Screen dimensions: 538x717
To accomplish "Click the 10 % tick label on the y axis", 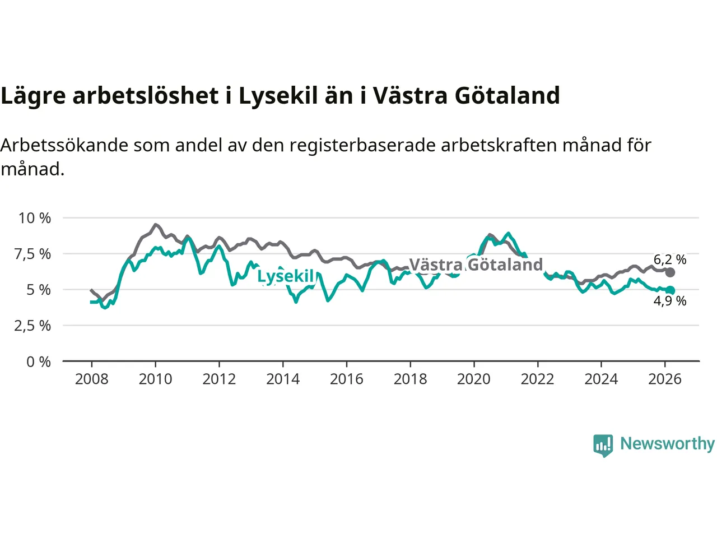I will coord(35,218).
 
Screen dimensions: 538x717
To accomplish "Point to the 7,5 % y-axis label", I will coord(32,254).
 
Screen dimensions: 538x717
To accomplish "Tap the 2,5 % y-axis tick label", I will coord(32,326).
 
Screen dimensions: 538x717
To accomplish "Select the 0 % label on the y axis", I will coord(39,362).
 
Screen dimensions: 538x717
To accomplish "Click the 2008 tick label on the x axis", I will coord(91,379).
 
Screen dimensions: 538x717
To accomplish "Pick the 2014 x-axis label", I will coord(283,379).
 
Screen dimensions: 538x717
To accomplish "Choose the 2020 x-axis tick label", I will coord(474,379).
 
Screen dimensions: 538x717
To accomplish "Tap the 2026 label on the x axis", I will coord(665,379).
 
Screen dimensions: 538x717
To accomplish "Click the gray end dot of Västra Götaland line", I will coord(670,272).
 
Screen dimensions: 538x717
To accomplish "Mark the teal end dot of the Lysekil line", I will coord(670,290).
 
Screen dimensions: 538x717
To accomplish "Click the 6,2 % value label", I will coord(670,259).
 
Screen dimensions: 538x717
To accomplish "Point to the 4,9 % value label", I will coord(670,301).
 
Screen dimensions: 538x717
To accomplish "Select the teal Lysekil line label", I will coord(286,276).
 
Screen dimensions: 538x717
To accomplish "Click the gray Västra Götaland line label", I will coord(476,265).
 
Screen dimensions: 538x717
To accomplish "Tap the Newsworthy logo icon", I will coord(603,446).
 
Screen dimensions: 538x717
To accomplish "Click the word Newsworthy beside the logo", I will coord(667,443).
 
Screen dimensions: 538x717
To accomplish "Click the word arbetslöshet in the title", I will coord(146,95).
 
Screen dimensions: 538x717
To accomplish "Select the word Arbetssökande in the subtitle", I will coord(65,145).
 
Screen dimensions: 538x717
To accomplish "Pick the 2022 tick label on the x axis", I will coord(537,379).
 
